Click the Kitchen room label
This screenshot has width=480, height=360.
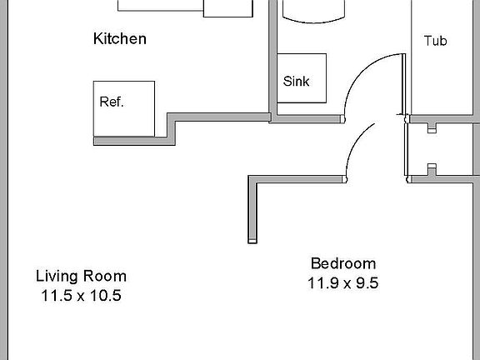(x=120, y=38)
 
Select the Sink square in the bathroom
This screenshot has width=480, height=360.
(x=301, y=78)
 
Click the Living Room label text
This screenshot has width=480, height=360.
(x=81, y=276)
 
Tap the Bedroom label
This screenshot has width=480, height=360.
(x=342, y=263)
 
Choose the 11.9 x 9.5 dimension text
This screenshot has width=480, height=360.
(x=342, y=283)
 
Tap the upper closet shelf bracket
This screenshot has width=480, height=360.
(x=432, y=128)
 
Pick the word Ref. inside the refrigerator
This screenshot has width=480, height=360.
(x=112, y=102)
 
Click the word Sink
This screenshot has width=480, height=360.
(x=296, y=82)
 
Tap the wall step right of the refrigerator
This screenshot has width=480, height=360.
(x=173, y=129)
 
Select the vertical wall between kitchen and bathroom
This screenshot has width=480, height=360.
(x=272, y=58)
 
